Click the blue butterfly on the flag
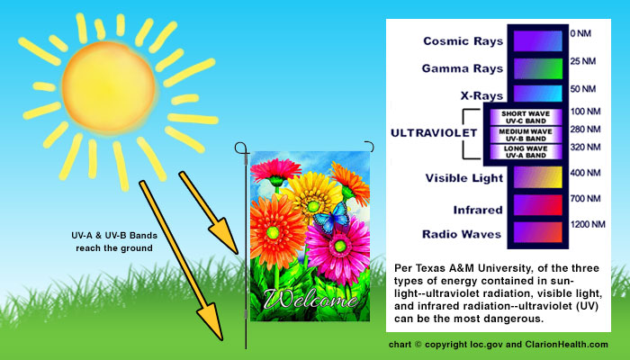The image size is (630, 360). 332,218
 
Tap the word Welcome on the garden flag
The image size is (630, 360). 311,299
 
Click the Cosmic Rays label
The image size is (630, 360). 463,41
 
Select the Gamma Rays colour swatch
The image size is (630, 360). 538,68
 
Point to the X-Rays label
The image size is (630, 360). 481,95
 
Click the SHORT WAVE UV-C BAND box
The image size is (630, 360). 526,117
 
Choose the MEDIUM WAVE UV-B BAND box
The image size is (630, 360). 526,135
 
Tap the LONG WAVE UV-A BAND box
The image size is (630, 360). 526,152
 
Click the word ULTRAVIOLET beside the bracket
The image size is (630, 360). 434,133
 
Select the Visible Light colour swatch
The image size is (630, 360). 538,177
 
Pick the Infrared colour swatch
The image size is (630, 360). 538,205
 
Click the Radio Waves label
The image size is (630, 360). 462,234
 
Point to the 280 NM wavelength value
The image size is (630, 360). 585,130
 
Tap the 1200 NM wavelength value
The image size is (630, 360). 588,224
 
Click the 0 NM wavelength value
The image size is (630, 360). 580,33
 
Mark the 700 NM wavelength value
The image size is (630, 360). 585,199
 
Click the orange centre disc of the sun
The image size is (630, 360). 109,87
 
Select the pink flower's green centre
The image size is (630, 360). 340,246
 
